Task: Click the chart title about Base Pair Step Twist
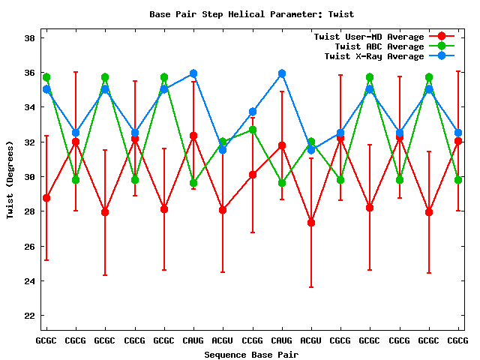click(x=251, y=14)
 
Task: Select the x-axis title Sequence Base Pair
click(x=251, y=354)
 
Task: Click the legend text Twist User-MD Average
click(x=368, y=37)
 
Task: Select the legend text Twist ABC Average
click(x=374, y=46)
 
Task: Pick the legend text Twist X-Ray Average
click(x=374, y=56)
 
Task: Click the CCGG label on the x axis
click(x=252, y=340)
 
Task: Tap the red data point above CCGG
click(x=253, y=175)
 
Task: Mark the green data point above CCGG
click(x=253, y=130)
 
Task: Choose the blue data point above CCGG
click(x=253, y=112)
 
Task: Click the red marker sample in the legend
click(x=442, y=37)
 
